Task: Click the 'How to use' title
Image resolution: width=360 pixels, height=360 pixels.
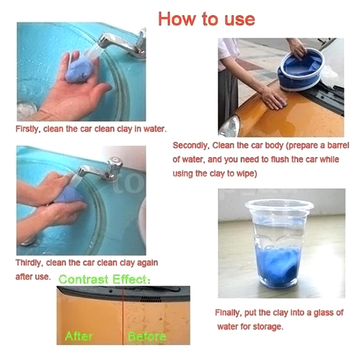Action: tap(207, 19)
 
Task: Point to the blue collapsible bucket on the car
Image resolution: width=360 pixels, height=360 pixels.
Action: tap(301, 70)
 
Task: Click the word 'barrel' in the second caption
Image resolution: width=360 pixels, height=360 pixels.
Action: tap(338, 145)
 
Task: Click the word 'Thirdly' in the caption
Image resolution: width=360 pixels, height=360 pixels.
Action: tap(29, 263)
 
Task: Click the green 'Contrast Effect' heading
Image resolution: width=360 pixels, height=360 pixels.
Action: tap(105, 279)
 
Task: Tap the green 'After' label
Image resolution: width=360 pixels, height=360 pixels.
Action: tap(78, 336)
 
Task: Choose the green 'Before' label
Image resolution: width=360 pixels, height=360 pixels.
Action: tap(147, 336)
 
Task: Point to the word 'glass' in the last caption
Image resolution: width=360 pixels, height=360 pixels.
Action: tap(324, 313)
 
